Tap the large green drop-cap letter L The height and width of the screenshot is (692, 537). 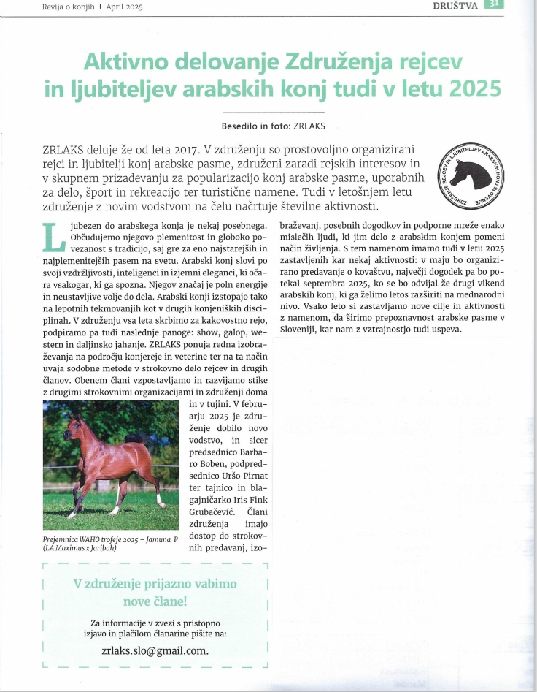coord(53,235)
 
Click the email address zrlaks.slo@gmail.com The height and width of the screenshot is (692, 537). coord(155,650)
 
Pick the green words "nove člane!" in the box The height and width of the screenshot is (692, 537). coord(155,601)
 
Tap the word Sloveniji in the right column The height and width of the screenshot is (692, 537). coord(304,329)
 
